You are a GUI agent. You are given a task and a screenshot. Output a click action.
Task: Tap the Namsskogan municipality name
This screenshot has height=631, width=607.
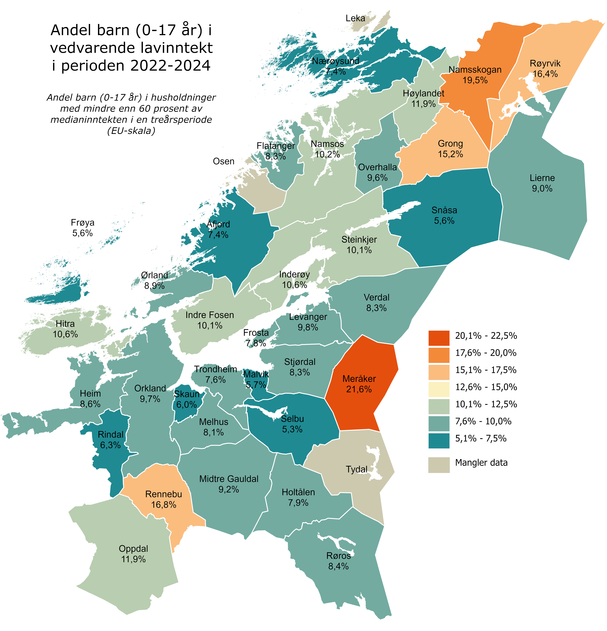(475, 70)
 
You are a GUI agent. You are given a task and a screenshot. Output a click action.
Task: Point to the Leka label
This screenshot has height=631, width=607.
(355, 18)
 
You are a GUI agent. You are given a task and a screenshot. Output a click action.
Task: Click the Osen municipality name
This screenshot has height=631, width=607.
(224, 161)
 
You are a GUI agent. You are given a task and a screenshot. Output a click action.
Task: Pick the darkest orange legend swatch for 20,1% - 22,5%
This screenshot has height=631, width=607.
(439, 338)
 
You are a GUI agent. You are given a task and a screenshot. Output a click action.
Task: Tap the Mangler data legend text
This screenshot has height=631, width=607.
(481, 463)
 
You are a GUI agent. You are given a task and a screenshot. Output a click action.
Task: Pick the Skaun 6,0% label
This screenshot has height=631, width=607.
(187, 399)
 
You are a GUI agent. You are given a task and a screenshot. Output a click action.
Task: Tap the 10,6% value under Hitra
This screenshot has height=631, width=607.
(65, 334)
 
